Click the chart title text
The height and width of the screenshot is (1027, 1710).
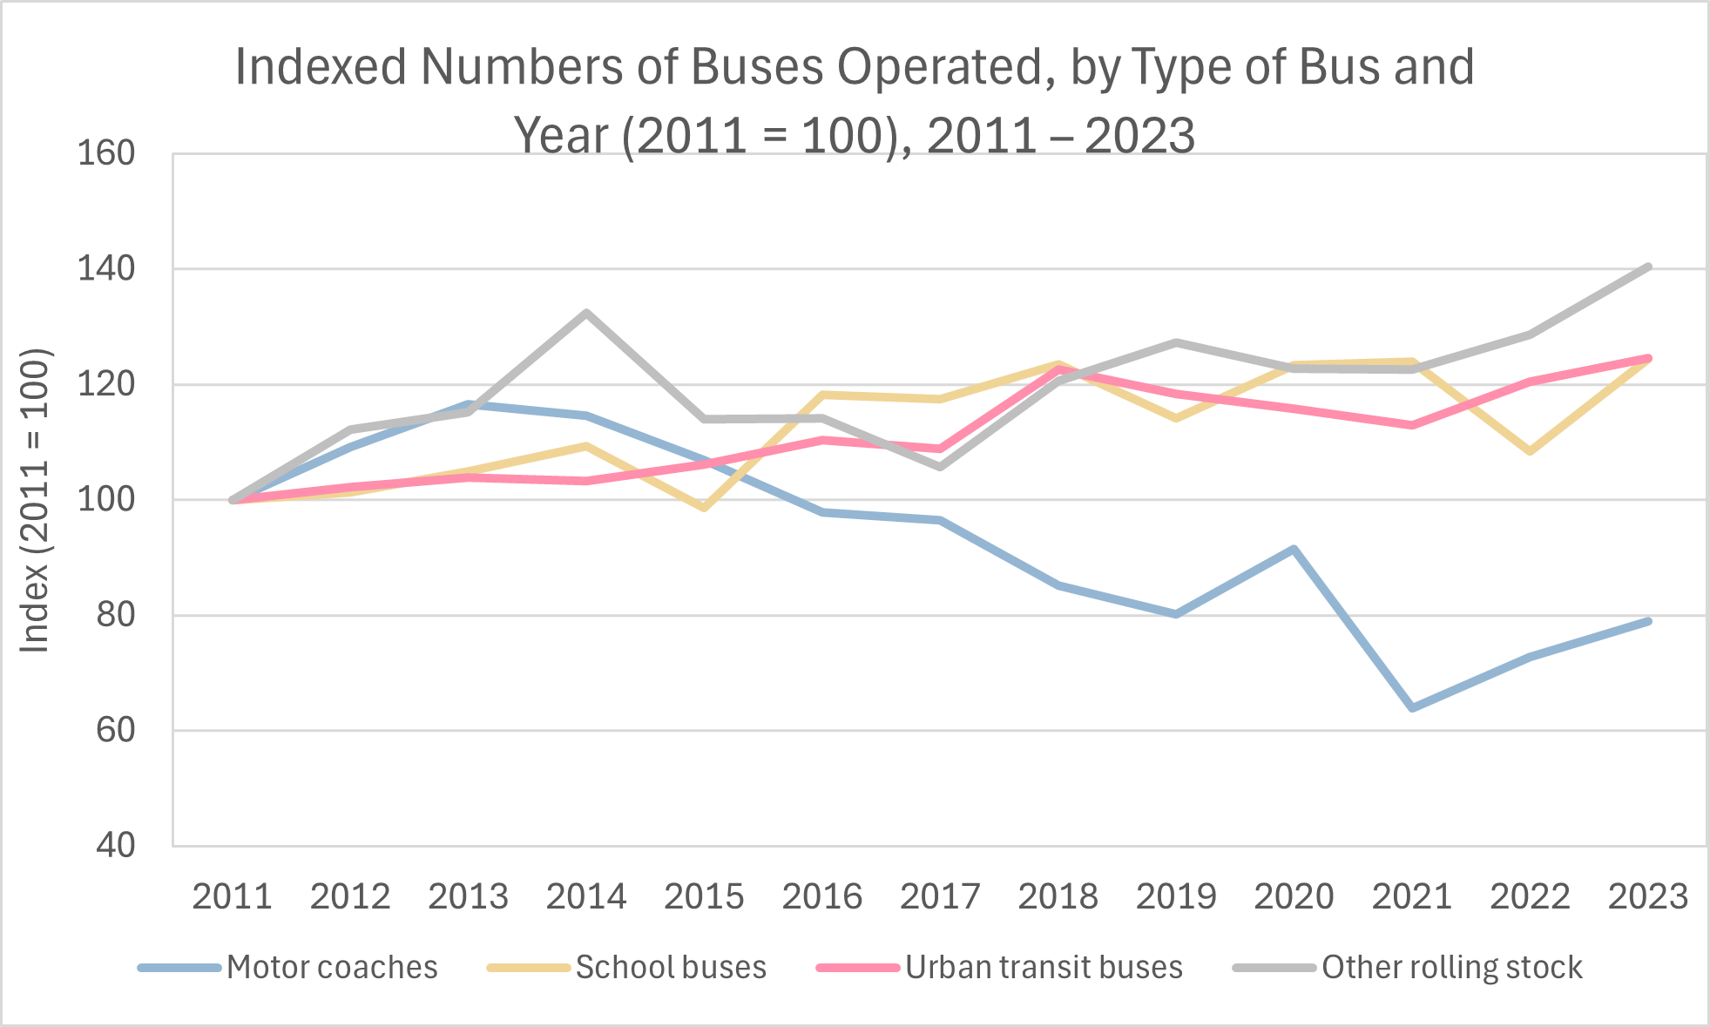[x=855, y=100]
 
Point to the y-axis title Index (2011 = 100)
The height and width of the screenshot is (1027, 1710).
[x=36, y=500]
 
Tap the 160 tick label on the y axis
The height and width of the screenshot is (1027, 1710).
[x=106, y=154]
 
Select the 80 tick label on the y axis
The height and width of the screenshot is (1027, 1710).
[x=116, y=616]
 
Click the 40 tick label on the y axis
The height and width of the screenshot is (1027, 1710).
[x=116, y=845]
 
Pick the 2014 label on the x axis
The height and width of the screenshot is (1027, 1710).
[x=586, y=896]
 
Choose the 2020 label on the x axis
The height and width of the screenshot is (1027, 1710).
[x=1294, y=896]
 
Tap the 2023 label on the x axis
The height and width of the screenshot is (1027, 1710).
[x=1647, y=896]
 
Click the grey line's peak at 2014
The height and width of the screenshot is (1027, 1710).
[x=586, y=313]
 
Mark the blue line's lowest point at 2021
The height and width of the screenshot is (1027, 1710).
[x=1412, y=707]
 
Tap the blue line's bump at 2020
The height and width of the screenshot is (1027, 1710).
[x=1294, y=549]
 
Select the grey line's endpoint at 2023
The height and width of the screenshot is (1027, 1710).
[x=1648, y=267]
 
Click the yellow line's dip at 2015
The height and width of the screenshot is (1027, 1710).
[x=704, y=508]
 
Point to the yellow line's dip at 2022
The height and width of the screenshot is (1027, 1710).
[x=1530, y=451]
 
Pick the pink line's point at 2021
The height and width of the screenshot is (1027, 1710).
[x=1412, y=425]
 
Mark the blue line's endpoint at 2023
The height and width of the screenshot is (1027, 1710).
[x=1648, y=621]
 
